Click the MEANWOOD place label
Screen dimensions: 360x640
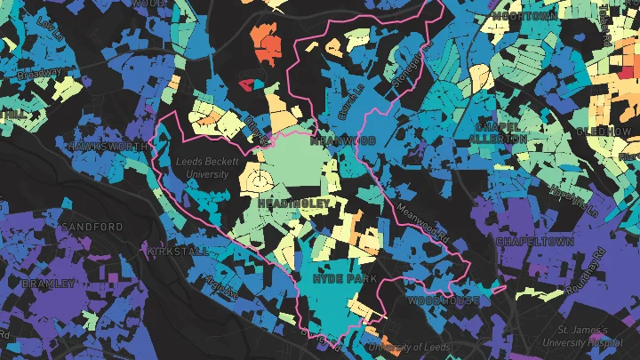(337, 140)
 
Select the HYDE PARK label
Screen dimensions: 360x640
(344, 279)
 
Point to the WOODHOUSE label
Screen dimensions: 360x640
(444, 301)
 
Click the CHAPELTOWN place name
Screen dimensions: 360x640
(532, 242)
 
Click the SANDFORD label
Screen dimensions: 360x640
(92, 228)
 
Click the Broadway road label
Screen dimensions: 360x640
(41, 73)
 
